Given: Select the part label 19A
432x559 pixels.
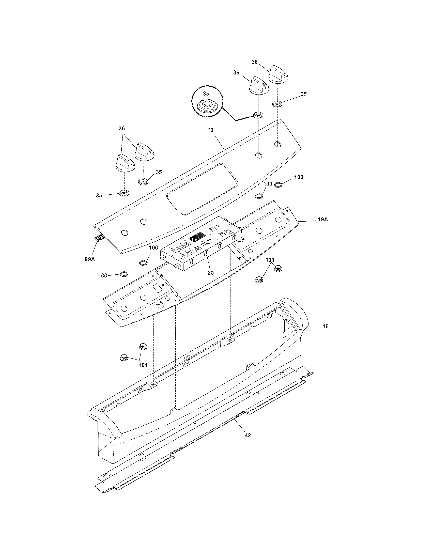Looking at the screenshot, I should click(322, 219).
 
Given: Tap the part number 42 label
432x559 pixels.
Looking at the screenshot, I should click(248, 435).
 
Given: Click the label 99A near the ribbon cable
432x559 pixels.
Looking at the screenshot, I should click(89, 259).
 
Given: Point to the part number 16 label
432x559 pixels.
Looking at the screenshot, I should click(325, 326).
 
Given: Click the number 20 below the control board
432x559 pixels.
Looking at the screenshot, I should click(210, 273).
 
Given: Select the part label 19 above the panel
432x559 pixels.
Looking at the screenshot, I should click(210, 130).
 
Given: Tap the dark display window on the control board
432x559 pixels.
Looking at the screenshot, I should click(197, 237).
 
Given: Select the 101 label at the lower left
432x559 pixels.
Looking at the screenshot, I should click(143, 365).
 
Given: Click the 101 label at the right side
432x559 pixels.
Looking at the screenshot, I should click(270, 260).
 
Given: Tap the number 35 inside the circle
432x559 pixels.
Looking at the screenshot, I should click(206, 94).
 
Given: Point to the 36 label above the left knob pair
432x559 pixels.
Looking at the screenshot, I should click(122, 128).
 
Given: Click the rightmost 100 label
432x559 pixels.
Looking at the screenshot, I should click(298, 177).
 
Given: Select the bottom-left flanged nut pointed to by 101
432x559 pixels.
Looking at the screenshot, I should click(124, 358).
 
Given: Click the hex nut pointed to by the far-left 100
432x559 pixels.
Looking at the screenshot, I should click(124, 274).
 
